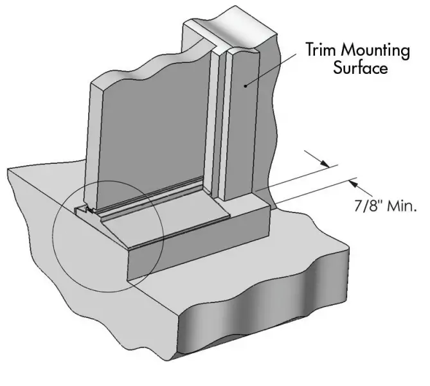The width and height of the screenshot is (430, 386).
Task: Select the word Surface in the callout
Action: click(x=360, y=67)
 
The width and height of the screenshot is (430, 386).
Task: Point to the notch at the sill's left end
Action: click(x=82, y=210)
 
